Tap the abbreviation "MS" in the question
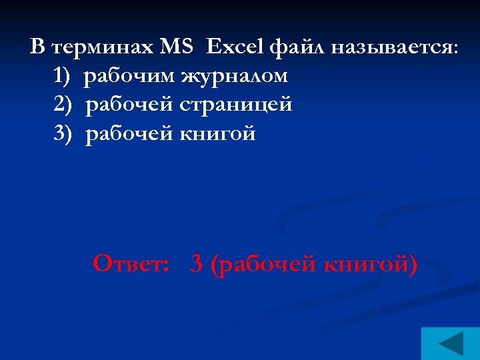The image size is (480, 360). (176, 47)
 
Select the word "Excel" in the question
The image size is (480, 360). (235, 47)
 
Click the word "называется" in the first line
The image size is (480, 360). (387, 48)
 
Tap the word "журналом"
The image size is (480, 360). (234, 77)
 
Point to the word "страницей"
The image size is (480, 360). (235, 105)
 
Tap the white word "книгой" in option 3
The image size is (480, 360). (218, 134)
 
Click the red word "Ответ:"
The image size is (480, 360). (131, 264)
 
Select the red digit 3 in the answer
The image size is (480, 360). (196, 265)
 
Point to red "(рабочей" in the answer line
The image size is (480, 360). (262, 265)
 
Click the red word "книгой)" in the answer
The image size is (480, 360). (370, 265)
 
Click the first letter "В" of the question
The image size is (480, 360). (38, 47)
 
